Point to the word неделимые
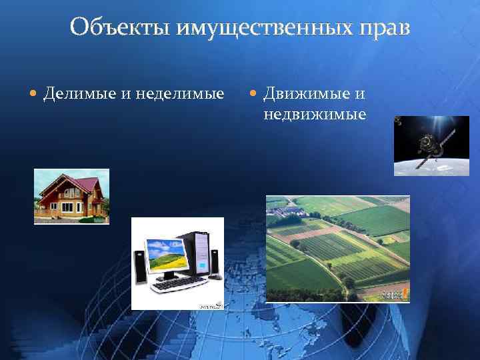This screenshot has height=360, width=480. [180, 93]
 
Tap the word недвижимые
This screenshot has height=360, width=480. [315, 114]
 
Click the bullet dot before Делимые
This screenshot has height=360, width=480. [33, 93]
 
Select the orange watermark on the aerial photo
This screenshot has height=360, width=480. [397, 293]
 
